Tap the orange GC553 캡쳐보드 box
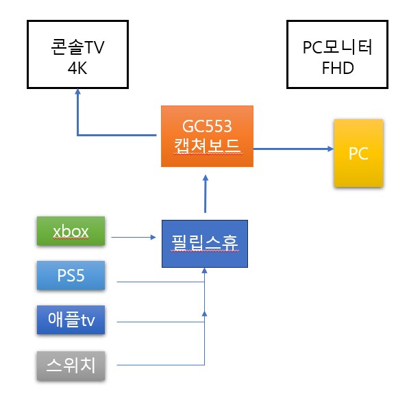[207, 136]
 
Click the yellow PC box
[358, 153]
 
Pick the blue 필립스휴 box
[204, 243]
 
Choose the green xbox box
[71, 231]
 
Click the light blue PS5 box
[71, 275]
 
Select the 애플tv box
[71, 321]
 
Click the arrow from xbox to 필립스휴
[134, 238]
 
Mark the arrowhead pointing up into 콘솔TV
[77, 97]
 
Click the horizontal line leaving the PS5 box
[158, 282]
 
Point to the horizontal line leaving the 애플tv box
[158, 321]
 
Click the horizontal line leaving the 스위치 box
[158, 364]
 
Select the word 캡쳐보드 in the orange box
[207, 147]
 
